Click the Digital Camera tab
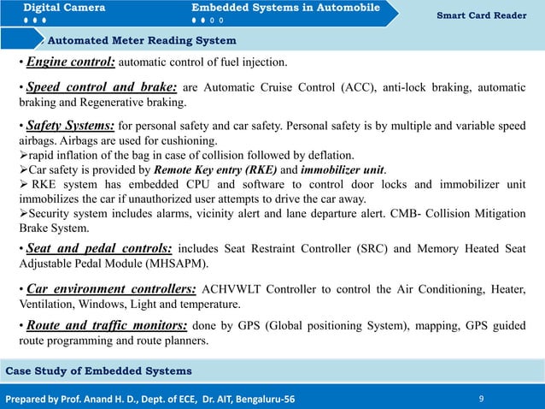coord(64,8)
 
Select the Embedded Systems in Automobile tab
coord(285,8)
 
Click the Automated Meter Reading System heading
coord(142,40)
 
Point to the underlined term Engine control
coord(70,62)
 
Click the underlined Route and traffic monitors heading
coord(108,326)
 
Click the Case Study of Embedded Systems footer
coord(99,370)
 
